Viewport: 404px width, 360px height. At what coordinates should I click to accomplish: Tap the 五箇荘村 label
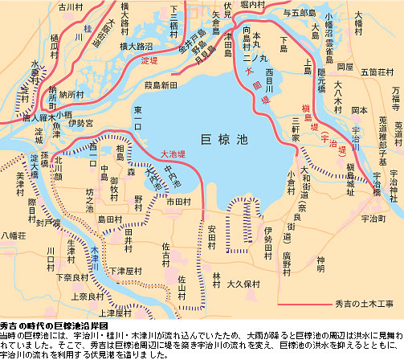click(x=385, y=71)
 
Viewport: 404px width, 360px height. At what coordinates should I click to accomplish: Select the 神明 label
click(x=321, y=259)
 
